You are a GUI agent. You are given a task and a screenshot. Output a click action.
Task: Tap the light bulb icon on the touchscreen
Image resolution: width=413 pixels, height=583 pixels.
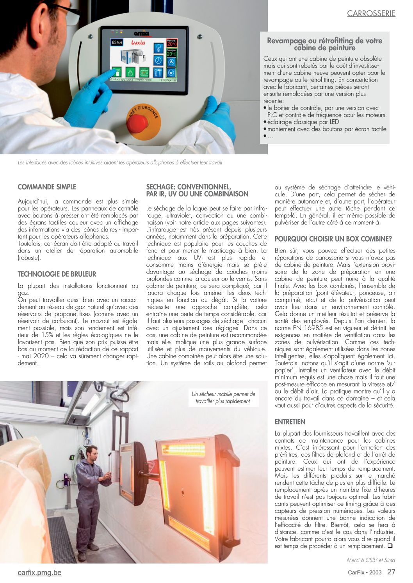(158, 48)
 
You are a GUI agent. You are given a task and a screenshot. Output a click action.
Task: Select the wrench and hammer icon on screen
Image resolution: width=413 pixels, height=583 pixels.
(158, 72)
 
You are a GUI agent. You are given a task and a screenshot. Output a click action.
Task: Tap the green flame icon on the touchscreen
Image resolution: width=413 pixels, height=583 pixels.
(130, 72)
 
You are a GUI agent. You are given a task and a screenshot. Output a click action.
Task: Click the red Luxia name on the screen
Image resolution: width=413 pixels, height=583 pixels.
(138, 42)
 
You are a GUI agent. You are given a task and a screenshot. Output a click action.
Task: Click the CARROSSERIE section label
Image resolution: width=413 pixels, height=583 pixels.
(371, 14)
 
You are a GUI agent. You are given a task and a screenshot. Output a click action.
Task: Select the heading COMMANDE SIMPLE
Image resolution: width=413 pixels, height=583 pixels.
(47, 187)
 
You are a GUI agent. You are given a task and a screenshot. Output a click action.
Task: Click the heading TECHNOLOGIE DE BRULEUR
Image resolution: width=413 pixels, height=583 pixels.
(57, 274)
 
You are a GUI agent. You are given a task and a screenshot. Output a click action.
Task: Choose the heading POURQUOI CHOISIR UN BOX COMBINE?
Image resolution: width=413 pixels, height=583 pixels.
(333, 239)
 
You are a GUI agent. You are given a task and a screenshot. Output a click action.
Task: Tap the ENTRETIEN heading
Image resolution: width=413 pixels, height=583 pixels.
(290, 422)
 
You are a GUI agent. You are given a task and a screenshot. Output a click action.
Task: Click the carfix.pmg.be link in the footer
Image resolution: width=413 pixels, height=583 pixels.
(39, 572)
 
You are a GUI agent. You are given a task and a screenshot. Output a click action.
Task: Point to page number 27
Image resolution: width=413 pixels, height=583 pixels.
(391, 572)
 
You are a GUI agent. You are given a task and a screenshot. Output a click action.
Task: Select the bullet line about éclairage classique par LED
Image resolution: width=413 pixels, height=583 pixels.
(303, 122)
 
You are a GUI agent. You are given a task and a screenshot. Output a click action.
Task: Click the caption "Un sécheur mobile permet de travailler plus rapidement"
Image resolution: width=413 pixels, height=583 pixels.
(223, 397)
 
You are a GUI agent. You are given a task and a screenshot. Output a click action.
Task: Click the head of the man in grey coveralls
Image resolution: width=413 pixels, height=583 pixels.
(92, 452)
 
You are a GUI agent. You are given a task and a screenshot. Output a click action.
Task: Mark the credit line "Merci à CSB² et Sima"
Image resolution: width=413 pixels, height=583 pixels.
(370, 560)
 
